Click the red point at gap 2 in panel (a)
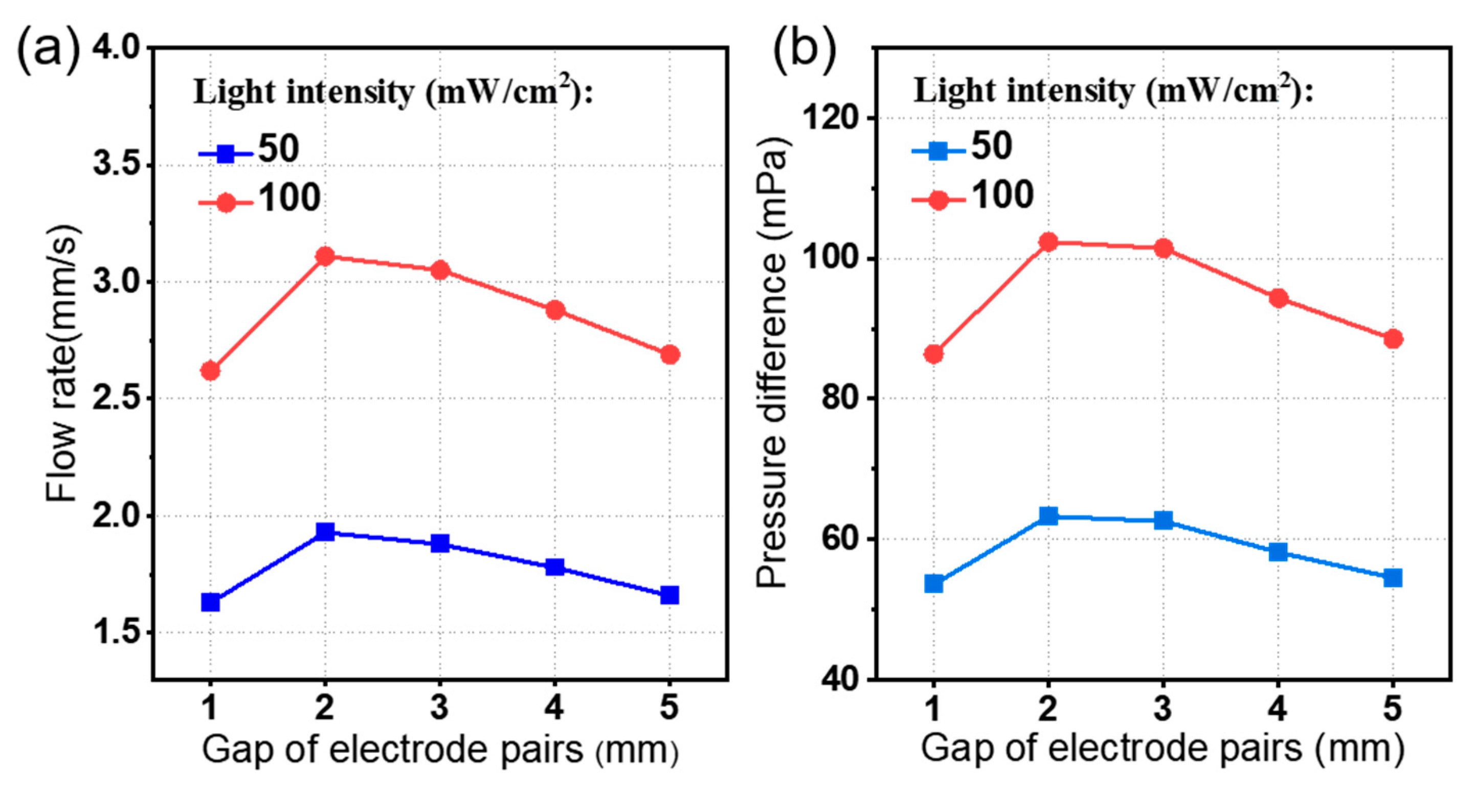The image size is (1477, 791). coord(325,256)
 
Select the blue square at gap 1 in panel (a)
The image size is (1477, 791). coord(210,602)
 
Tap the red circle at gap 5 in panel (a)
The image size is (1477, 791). coord(669,354)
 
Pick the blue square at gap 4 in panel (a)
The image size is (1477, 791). coord(554,567)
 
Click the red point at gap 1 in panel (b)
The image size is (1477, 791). coord(933,354)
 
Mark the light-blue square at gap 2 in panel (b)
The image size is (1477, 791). coord(1048,516)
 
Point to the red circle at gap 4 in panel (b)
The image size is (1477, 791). coord(1278,298)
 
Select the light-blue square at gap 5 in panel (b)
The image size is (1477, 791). coord(1393,577)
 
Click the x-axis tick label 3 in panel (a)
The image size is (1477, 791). coord(440,707)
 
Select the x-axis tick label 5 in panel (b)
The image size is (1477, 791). coord(1393,707)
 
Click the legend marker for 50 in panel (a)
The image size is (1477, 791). coord(226,153)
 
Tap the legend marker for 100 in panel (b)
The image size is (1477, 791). coord(938,200)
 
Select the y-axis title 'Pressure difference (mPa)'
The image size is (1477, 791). coord(772,364)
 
